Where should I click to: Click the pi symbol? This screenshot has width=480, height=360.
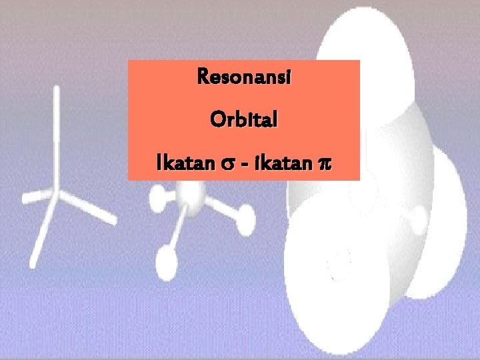(325, 163)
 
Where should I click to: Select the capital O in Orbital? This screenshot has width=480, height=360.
(216, 121)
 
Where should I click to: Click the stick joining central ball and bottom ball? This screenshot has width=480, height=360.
(177, 227)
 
